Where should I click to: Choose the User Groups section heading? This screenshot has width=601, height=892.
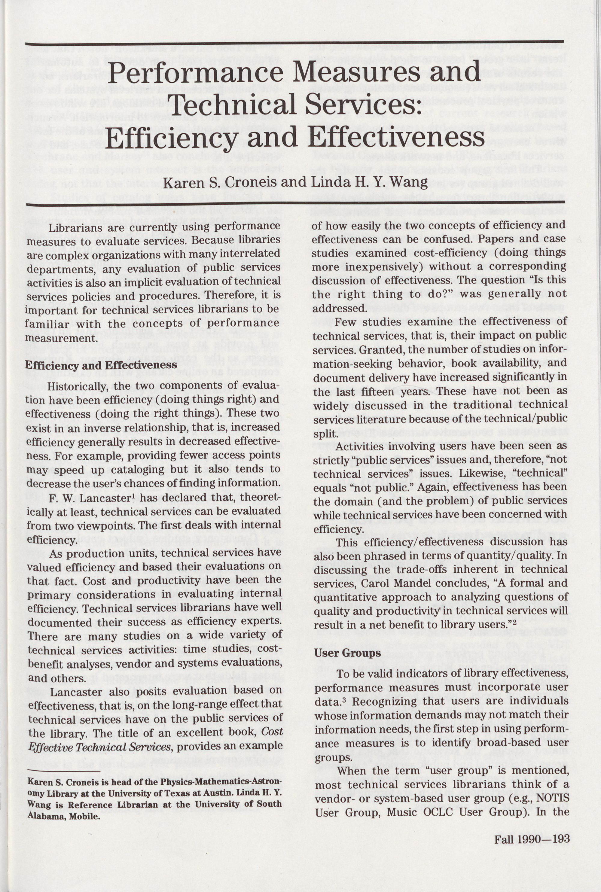click(x=347, y=653)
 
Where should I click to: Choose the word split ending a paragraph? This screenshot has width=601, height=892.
click(x=322, y=434)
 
